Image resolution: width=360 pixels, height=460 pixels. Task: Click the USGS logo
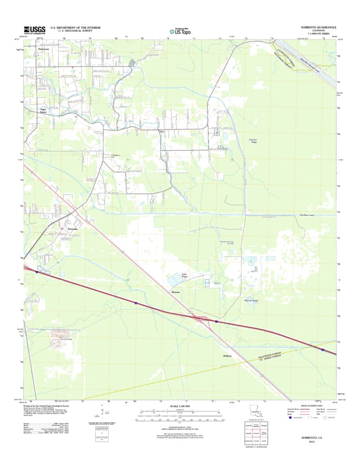point(35,30)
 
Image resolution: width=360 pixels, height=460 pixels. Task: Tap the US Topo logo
point(179,30)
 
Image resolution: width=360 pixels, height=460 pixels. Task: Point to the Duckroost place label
point(44,49)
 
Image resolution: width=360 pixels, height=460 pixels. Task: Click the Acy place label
point(163,131)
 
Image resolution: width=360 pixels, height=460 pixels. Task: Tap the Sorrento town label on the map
point(72,228)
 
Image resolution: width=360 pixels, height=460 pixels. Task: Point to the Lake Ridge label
point(184,276)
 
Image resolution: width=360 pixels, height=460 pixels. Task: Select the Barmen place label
point(176,292)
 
